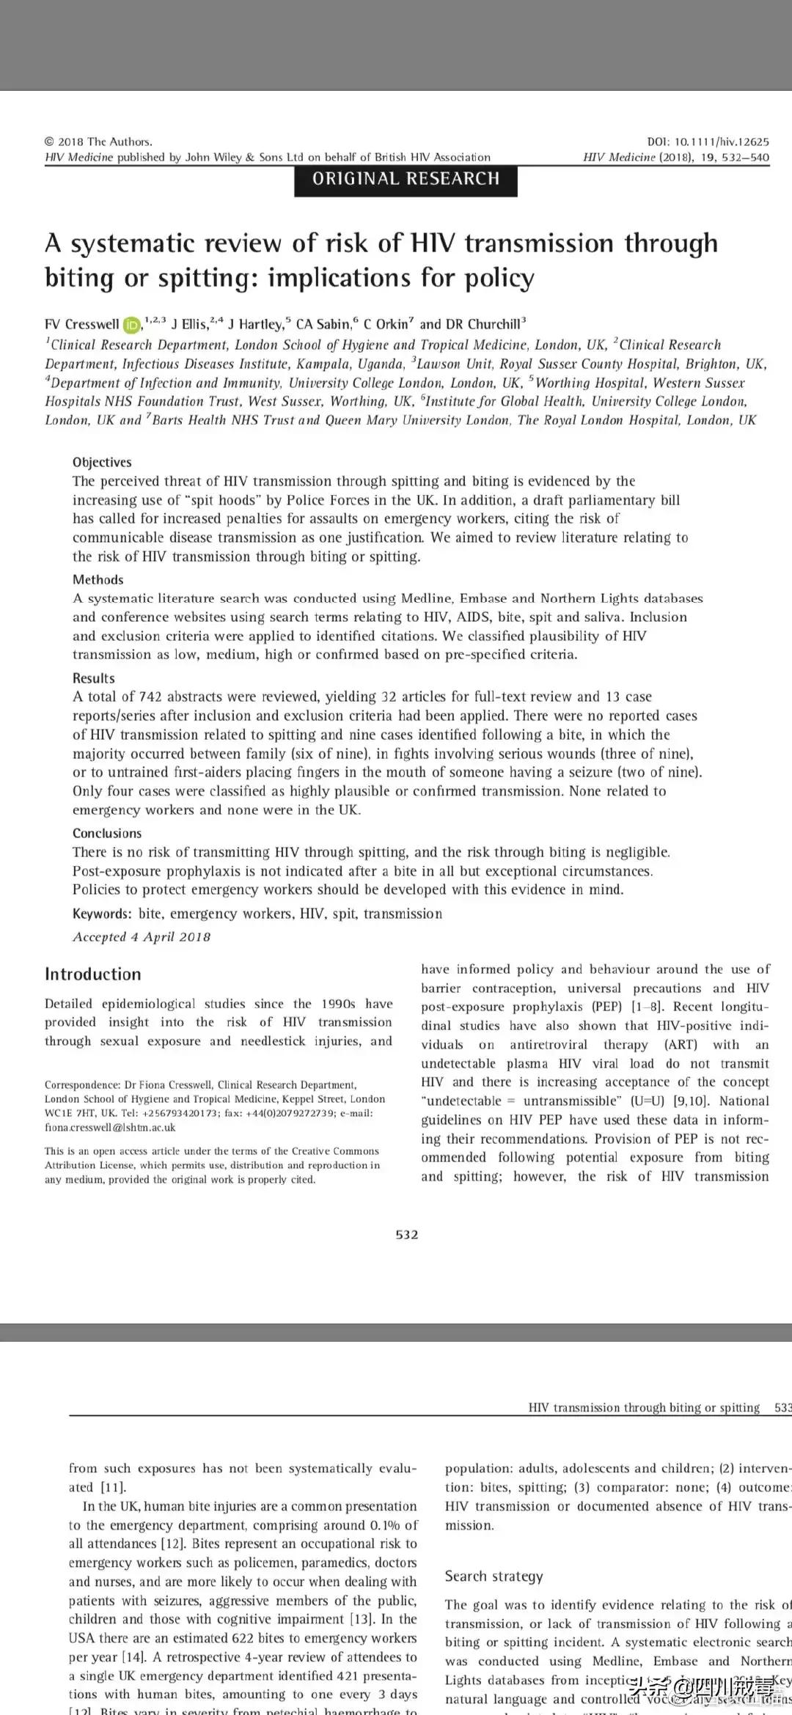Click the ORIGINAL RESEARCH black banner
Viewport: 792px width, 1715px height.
coord(406,180)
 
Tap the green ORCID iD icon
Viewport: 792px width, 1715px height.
coord(131,325)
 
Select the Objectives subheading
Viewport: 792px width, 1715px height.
coord(102,462)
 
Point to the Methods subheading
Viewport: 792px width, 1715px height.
coord(98,579)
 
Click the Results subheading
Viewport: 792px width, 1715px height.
coord(94,678)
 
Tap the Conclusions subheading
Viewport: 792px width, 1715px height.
coord(107,833)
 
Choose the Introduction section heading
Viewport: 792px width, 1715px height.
coord(93,974)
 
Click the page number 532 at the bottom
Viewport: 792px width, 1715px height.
coord(406,1235)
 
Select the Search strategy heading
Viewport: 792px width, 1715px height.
coord(494,1576)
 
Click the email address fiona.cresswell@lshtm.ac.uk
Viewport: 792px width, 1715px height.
coord(110,1128)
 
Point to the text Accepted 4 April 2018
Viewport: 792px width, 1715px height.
coord(142,936)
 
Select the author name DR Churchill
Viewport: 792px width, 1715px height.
coord(483,324)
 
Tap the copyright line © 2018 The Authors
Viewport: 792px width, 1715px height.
coord(98,142)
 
